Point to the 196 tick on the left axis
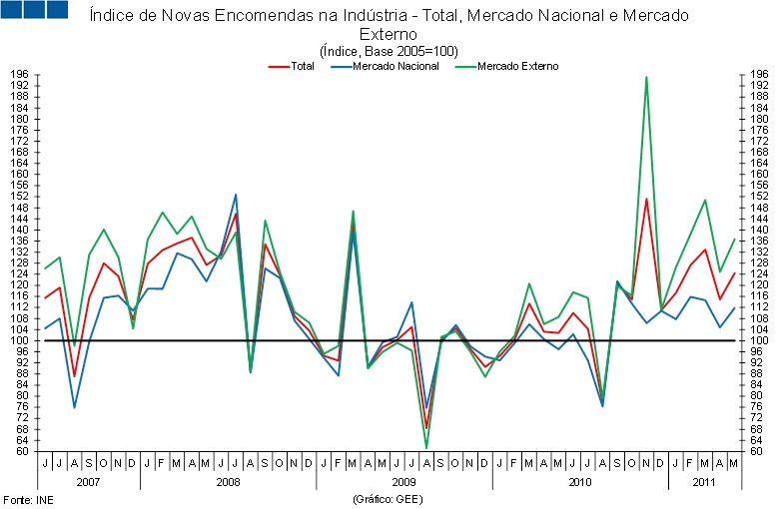(19, 75)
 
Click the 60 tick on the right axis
(758, 451)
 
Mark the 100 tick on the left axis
(19, 340)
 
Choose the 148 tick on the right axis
(758, 208)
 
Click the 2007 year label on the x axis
(88, 481)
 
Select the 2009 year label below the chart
(403, 481)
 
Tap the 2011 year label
(705, 481)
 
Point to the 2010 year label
(579, 481)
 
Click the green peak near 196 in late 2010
(646, 77)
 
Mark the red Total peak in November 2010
(646, 199)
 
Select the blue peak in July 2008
(236, 195)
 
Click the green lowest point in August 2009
(426, 447)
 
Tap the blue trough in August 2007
(74, 407)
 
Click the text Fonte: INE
(27, 498)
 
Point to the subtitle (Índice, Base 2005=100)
(389, 50)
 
